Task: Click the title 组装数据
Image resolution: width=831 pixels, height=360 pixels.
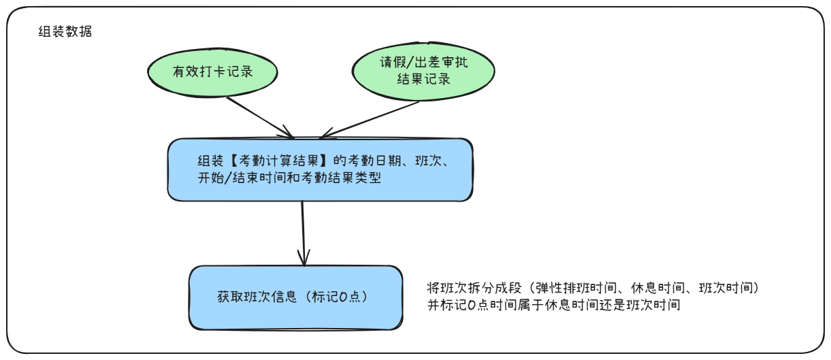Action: [65, 32]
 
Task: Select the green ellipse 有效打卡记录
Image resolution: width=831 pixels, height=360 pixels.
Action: [212, 71]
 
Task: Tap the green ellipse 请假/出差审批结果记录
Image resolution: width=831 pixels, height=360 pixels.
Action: [423, 71]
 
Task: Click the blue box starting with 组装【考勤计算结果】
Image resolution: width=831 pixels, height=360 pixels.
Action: [320, 169]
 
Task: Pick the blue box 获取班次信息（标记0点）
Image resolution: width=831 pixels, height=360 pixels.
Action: [295, 297]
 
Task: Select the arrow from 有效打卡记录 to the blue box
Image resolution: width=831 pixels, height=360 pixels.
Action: [259, 117]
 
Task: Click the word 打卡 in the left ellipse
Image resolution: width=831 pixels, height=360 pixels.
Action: [212, 71]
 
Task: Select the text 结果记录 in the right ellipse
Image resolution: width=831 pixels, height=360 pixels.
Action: [423, 79]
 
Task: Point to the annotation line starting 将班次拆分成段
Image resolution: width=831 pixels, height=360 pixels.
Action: [597, 289]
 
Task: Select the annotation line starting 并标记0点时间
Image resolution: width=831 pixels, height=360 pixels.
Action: [553, 305]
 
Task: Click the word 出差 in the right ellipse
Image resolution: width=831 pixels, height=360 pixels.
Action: [430, 63]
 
